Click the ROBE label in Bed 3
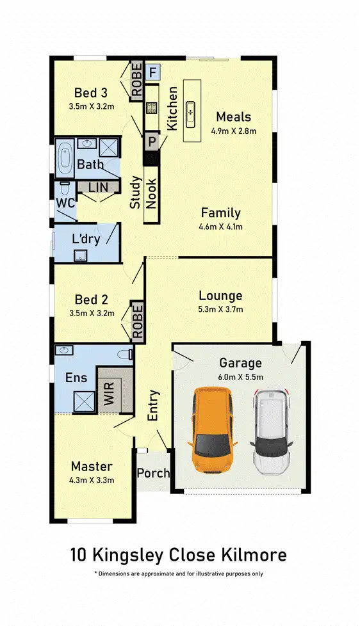[137, 81]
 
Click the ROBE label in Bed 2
[137, 320]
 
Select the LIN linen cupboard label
[98, 186]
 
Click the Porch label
[154, 473]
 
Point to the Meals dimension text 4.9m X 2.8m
[233, 131]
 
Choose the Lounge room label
[220, 296]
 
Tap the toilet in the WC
[64, 190]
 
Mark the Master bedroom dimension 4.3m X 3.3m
[92, 479]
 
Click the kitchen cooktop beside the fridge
[152, 108]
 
